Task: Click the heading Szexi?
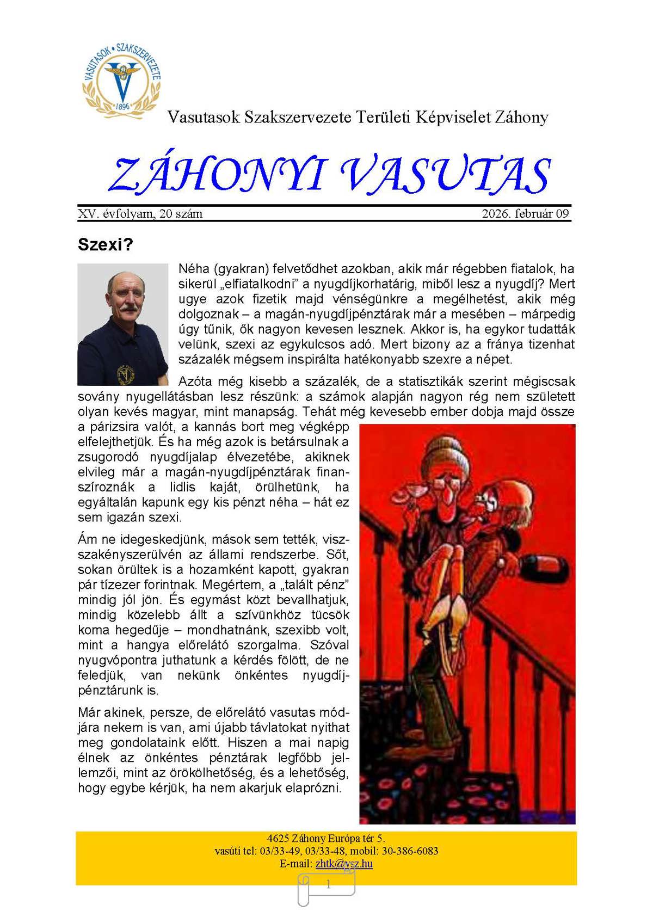coord(105,244)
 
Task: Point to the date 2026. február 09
coord(525,214)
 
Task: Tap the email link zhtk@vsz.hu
coord(344,863)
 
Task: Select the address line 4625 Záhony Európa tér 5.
coord(326,838)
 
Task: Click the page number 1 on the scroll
coord(328,885)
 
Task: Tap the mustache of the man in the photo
coord(127,308)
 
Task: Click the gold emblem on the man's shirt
coord(125,373)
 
